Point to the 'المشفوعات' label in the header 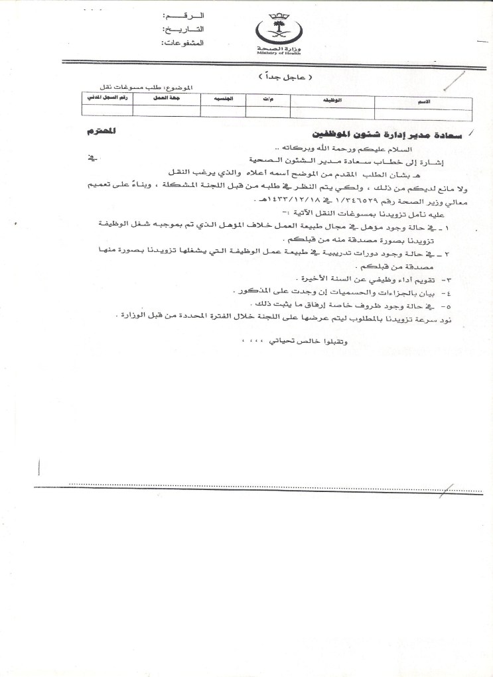(x=185, y=43)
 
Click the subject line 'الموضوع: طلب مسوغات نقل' (x=155, y=88)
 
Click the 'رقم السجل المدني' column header (x=104, y=100)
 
